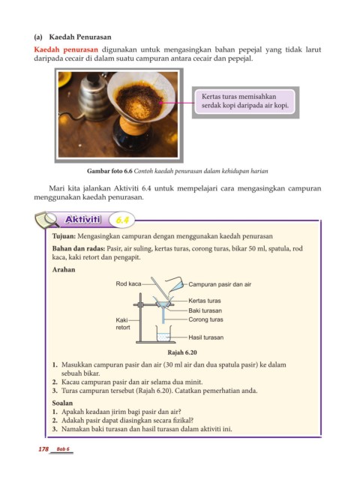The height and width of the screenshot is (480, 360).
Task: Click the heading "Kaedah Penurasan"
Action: click(80, 37)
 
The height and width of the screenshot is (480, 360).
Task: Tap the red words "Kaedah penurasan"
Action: click(66, 49)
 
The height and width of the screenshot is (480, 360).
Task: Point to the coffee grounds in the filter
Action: click(139, 102)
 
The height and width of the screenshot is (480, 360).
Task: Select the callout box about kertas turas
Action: click(245, 102)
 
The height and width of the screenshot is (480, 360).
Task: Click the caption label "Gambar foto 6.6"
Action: click(109, 171)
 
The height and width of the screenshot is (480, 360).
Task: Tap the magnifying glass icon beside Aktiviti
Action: click(46, 220)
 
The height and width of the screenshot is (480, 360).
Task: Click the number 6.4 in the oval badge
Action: click(121, 220)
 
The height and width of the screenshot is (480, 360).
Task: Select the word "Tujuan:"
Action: click(64, 236)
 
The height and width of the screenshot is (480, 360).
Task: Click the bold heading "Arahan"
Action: click(64, 270)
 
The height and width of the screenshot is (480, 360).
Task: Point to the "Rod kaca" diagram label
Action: click(128, 283)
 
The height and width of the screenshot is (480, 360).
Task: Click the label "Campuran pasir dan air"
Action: click(220, 284)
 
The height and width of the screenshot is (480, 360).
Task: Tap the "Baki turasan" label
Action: click(205, 310)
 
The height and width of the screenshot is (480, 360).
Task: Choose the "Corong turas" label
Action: click(205, 319)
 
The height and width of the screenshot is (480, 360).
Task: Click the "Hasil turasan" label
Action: click(206, 337)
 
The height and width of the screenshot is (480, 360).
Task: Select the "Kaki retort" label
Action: click(123, 323)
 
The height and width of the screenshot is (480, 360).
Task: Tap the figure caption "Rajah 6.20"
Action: click(182, 352)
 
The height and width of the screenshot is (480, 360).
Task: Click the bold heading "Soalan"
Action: click(62, 403)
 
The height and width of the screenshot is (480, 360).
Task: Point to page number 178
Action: click(43, 449)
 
